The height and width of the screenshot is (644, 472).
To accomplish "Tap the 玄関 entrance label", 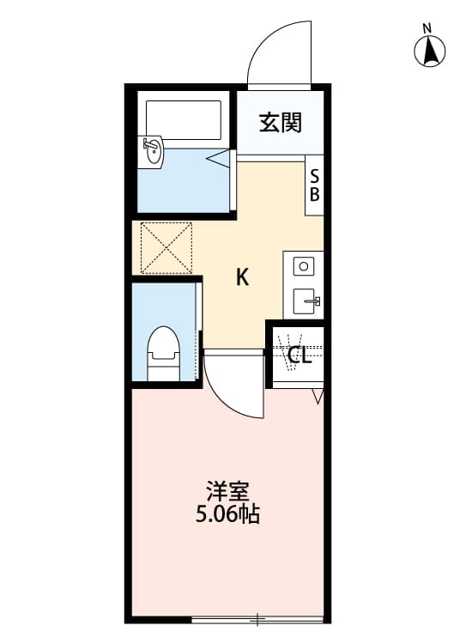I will point(281,123).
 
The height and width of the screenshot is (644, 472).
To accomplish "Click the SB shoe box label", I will point(315,184).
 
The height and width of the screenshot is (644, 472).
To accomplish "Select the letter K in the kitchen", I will point(243,277).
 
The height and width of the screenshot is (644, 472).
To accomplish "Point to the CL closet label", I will point(299,355).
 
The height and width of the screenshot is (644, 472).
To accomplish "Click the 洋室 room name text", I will point(227,493).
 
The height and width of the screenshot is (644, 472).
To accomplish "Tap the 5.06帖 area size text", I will point(227,515).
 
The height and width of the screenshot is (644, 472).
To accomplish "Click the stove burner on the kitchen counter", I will point(303,266).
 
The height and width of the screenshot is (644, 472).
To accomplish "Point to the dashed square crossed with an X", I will point(165,248).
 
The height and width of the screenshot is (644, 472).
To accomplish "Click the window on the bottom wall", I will point(257,618).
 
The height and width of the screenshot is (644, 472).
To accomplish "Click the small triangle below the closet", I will point(318,397).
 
